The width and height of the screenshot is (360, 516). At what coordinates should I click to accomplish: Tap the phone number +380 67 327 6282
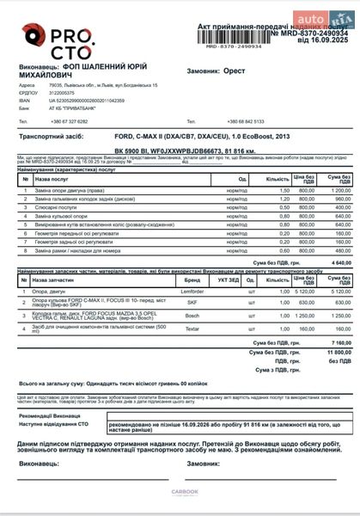pyautogui.click(x=70, y=121)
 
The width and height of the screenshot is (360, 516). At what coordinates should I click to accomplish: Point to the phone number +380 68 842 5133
pyautogui.click(x=246, y=121)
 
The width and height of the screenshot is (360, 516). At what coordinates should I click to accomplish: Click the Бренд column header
pyautogui.click(x=192, y=280)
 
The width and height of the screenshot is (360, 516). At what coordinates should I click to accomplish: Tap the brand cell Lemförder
pyautogui.click(x=192, y=291)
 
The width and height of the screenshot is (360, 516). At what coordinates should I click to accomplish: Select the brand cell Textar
pyautogui.click(x=192, y=329)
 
